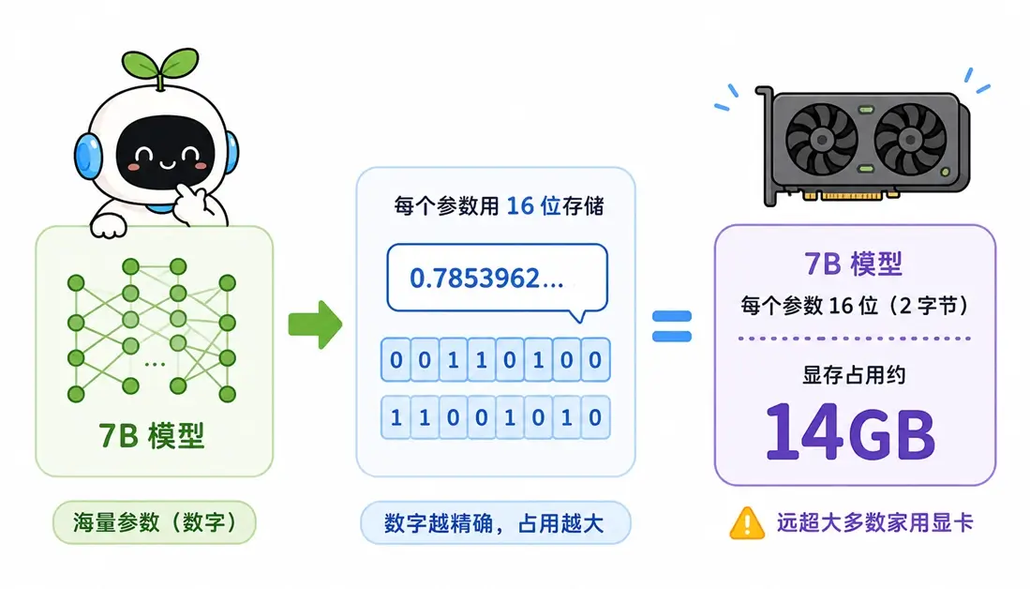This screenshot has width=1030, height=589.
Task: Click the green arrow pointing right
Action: click(315, 325)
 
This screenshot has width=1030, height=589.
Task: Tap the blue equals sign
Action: click(671, 326)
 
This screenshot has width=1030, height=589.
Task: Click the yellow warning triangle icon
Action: click(747, 523)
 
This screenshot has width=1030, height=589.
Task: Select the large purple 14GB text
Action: click(850, 431)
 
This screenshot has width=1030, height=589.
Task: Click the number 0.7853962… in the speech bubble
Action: click(486, 279)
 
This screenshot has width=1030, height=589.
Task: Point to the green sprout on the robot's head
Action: click(159, 67)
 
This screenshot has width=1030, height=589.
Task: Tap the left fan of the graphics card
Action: click(821, 140)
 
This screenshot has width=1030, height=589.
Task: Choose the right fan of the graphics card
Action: click(910, 140)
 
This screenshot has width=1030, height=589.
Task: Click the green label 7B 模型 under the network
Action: click(152, 435)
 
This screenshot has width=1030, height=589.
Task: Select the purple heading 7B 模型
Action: click(853, 264)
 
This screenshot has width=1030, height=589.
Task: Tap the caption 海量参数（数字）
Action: click(155, 522)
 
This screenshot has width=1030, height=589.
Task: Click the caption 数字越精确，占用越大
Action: click(494, 523)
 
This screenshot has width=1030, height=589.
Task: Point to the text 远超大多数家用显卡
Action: click(874, 522)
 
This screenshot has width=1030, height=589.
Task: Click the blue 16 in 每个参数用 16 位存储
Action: click(519, 205)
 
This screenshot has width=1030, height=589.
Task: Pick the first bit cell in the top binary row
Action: click(396, 359)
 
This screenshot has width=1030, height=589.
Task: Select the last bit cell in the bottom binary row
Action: click(595, 417)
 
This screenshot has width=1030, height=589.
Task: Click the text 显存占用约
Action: click(853, 375)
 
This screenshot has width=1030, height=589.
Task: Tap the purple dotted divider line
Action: click(854, 339)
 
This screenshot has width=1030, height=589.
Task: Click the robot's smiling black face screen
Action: click(166, 152)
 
